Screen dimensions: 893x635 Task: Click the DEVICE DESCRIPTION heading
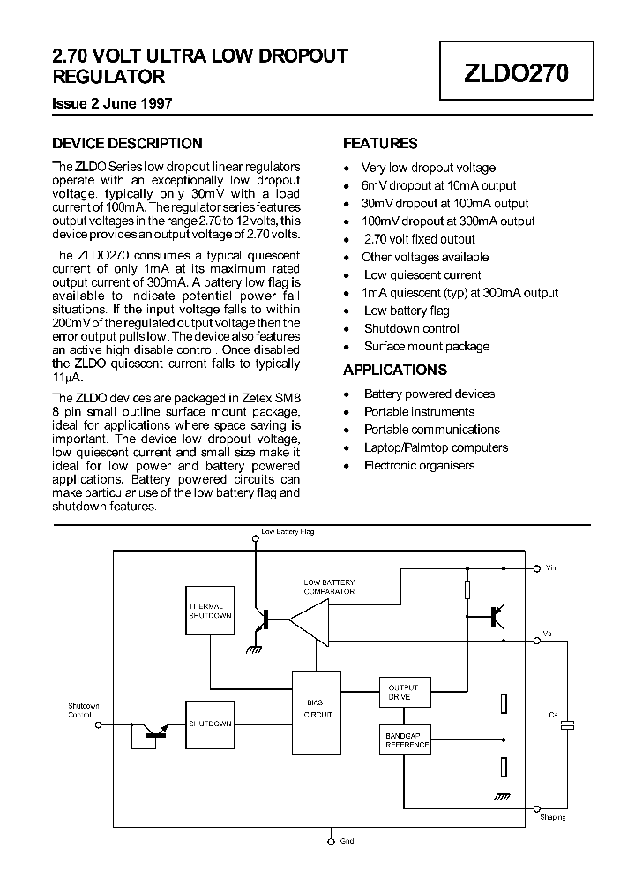(127, 143)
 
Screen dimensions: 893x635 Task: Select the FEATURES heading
(380, 143)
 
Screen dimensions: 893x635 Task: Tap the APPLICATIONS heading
(395, 370)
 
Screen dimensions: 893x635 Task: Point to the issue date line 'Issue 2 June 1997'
(112, 103)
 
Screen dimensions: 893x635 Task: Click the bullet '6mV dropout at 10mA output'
(439, 185)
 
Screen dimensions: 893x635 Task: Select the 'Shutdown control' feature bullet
(411, 328)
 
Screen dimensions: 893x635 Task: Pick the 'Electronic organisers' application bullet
(419, 465)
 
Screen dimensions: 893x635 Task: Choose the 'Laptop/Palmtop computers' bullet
(436, 447)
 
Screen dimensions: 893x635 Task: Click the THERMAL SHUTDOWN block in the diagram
(210, 611)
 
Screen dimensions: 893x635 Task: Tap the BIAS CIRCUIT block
(317, 709)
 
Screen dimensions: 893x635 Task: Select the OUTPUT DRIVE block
(405, 692)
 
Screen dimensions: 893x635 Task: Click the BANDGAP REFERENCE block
(407, 740)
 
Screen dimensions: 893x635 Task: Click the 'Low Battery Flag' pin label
(288, 532)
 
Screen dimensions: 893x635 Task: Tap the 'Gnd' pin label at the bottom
(347, 841)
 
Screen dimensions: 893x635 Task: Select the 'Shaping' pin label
(553, 817)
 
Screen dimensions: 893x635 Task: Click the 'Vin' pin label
(551, 567)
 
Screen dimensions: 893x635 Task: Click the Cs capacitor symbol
(567, 724)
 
